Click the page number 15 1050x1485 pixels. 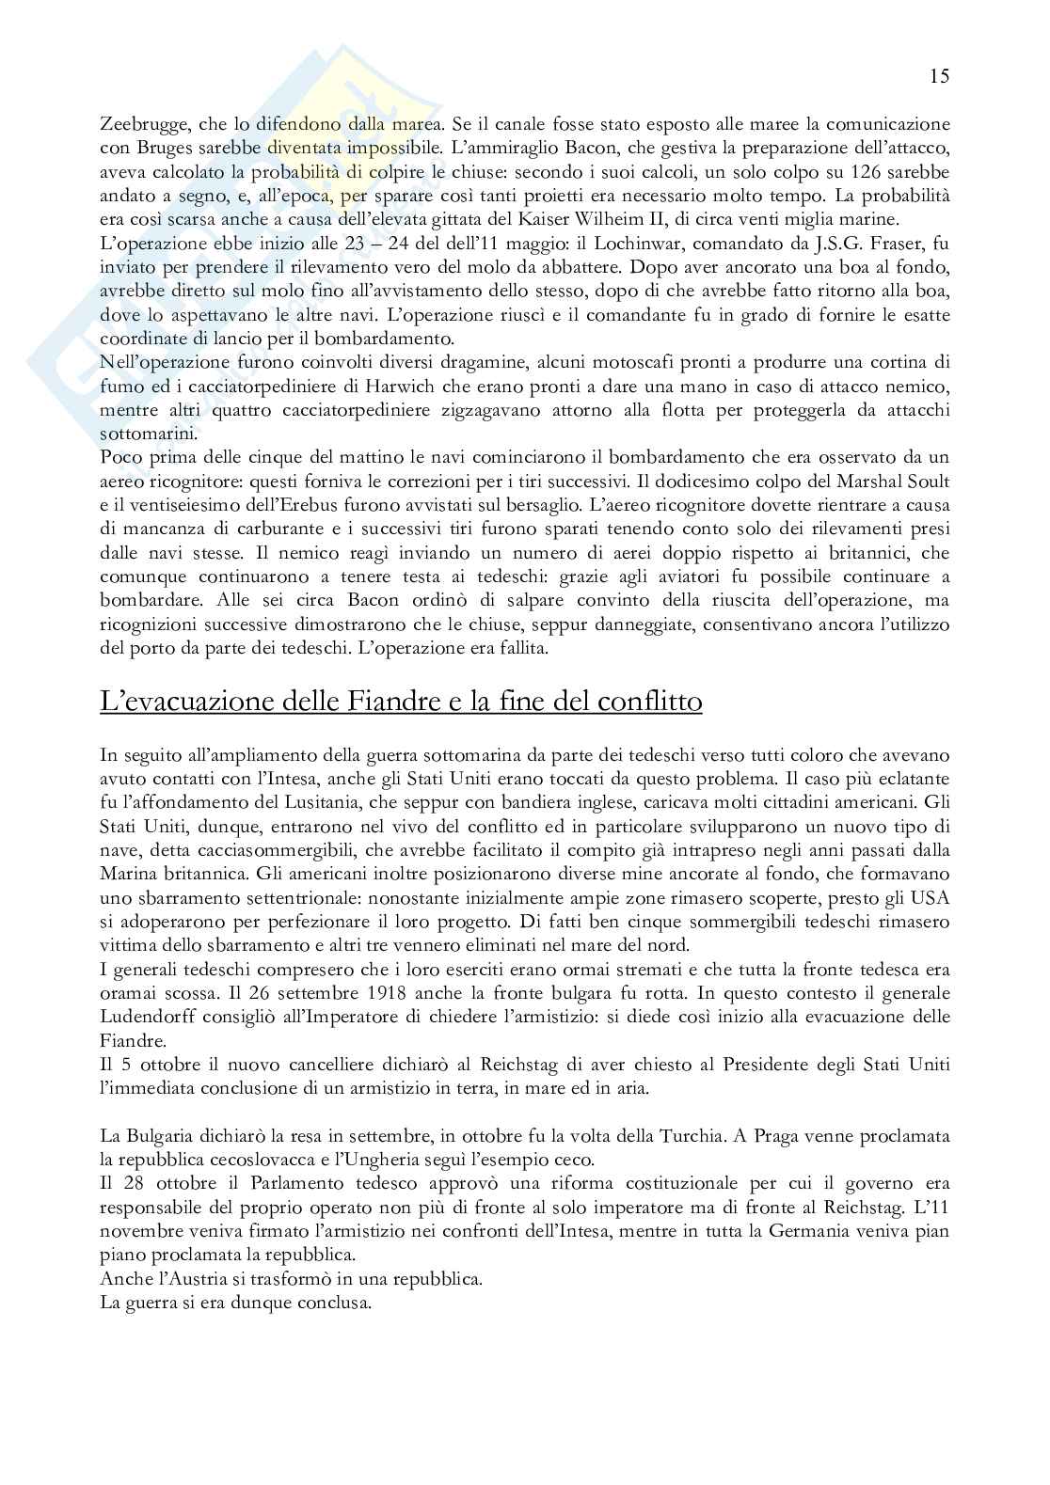[939, 76]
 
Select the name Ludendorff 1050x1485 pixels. [151, 1017]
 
